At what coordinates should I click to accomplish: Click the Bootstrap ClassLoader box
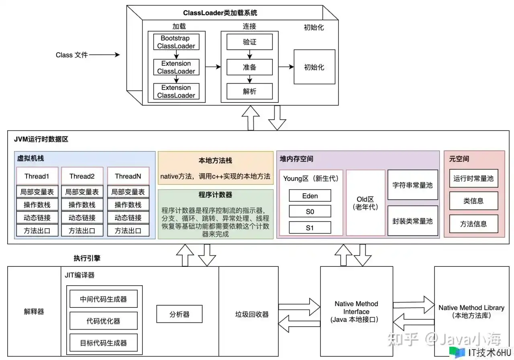tap(176, 42)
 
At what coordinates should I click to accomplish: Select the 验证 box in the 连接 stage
tap(249, 42)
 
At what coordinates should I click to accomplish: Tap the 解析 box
tap(249, 91)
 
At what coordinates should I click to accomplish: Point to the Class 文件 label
tap(71, 55)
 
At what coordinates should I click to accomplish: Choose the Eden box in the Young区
tap(310, 196)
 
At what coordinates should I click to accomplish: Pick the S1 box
tap(310, 227)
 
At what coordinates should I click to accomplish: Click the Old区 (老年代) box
tap(365, 203)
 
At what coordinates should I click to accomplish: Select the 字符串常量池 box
tap(412, 185)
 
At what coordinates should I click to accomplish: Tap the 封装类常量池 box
tap(412, 221)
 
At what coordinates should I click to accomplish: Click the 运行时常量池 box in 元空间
tap(473, 178)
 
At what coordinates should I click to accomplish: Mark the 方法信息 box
tap(473, 224)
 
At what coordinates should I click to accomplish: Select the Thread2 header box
tap(82, 176)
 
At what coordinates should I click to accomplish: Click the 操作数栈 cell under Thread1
tap(37, 205)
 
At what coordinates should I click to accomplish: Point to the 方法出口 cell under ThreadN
tap(128, 231)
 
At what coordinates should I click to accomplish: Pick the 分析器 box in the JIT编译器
tap(179, 314)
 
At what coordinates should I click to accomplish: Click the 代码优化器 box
tap(103, 321)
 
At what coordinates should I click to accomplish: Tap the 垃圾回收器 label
tap(252, 314)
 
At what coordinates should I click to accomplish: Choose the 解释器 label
tap(34, 311)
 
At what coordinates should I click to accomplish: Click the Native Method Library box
tap(471, 311)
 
